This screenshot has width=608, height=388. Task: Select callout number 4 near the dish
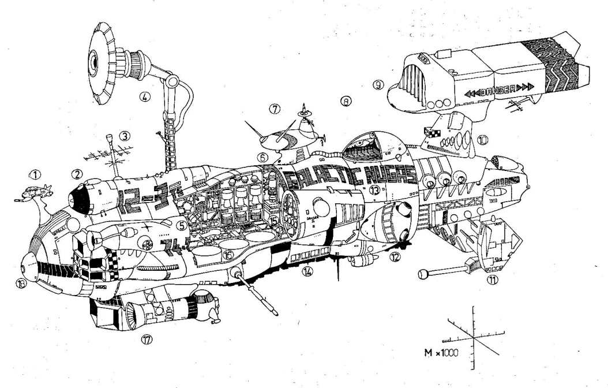146,97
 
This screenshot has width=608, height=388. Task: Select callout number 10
482,139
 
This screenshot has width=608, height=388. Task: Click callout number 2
76,173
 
